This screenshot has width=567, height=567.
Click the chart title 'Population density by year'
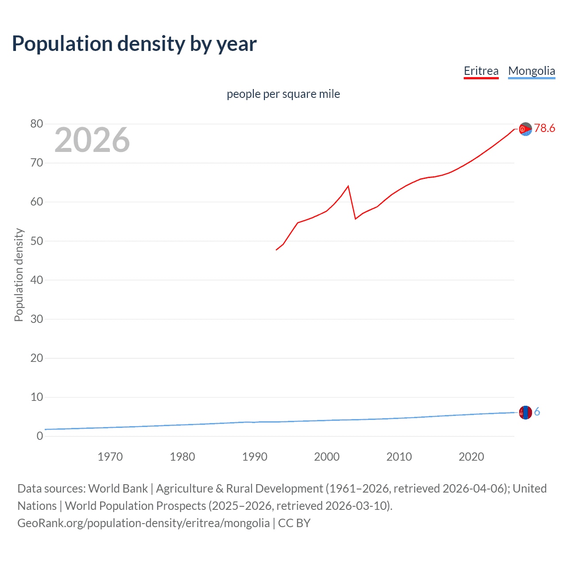[134, 44]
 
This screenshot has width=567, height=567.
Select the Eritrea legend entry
[481, 71]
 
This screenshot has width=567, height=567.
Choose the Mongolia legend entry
[531, 71]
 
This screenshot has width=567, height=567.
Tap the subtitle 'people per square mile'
[283, 94]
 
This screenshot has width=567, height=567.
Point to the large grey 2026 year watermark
[92, 140]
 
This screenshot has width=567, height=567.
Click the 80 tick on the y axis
[37, 124]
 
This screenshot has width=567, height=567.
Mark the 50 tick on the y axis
[37, 241]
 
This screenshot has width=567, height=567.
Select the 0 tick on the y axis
[40, 436]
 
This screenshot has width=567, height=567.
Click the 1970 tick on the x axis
[110, 457]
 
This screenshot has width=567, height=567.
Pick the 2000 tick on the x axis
[326, 457]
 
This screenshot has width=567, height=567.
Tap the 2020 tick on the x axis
[471, 457]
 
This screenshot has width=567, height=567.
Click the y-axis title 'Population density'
[19, 275]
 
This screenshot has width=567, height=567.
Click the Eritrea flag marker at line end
[525, 129]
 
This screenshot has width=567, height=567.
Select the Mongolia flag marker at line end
[525, 412]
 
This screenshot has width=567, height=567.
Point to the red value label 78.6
[544, 128]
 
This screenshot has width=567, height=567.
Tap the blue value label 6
[537, 412]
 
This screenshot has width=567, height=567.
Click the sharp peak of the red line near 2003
[348, 186]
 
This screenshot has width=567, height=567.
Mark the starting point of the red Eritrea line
[276, 250]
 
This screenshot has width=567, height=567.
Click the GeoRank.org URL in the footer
[144, 523]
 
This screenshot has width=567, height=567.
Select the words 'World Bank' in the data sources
[118, 489]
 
